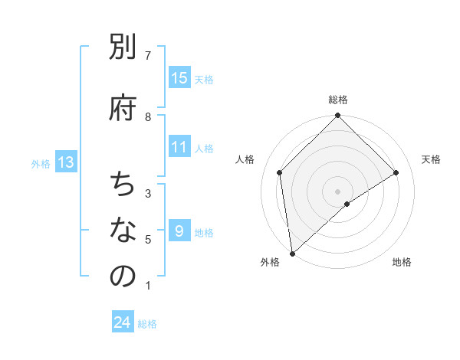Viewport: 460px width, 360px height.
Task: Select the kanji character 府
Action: point(123,108)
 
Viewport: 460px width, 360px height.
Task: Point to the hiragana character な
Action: point(123,231)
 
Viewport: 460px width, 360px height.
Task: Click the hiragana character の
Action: point(123,277)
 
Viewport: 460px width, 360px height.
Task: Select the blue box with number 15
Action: point(179,78)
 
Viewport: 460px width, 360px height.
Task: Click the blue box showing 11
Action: point(179,147)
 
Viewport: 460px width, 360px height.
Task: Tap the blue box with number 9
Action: point(179,231)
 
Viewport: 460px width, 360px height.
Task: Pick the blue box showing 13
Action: point(66,162)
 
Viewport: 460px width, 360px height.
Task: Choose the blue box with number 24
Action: point(123,322)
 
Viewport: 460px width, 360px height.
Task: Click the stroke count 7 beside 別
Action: point(148,55)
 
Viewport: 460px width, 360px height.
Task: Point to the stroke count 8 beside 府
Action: point(148,116)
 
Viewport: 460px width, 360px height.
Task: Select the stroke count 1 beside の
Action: point(148,286)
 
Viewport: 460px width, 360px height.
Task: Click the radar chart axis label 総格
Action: point(338,100)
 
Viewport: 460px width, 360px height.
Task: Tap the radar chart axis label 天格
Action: point(431,159)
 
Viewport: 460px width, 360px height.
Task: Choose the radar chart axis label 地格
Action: point(402,263)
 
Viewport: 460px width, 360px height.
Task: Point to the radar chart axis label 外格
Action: point(269,263)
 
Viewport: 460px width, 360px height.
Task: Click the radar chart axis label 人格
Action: point(245,159)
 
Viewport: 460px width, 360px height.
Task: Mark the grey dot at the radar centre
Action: point(338,191)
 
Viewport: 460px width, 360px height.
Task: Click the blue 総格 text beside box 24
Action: point(147,324)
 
